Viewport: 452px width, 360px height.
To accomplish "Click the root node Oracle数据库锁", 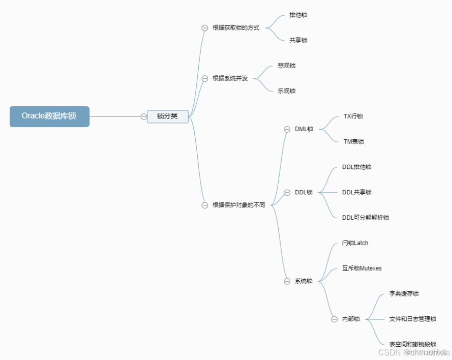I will click(49, 116).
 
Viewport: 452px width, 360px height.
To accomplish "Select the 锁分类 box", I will click(168, 116).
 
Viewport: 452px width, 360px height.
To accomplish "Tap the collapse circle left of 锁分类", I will click(144, 116).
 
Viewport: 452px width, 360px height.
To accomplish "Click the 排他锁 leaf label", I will click(298, 15).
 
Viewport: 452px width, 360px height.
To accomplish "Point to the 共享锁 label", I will click(298, 40).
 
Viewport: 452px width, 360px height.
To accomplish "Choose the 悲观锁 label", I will click(287, 66).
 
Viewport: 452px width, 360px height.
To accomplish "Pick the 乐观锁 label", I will click(287, 91).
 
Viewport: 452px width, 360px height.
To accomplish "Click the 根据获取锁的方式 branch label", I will click(236, 28).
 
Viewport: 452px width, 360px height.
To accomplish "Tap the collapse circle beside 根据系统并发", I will click(205, 78).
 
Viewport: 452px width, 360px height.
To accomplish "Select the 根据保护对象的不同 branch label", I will click(239, 205).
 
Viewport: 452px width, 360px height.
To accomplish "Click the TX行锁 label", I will click(353, 116).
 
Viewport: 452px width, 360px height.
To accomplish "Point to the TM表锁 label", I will click(354, 142).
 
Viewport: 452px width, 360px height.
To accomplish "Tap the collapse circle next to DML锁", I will click(287, 129).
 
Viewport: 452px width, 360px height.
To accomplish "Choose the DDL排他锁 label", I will click(357, 167).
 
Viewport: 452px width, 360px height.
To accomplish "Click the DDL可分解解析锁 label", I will click(366, 218).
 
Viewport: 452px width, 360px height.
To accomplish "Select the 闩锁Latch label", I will click(355, 243).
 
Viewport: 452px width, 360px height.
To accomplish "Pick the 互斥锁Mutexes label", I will click(362, 268).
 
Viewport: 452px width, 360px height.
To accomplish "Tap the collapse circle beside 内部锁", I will click(334, 319).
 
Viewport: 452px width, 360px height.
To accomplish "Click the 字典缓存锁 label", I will click(404, 294).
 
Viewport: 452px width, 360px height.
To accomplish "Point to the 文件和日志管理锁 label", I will click(413, 319).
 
